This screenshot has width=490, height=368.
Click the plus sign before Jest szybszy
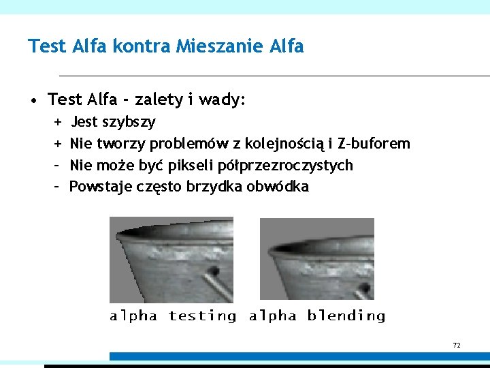point(56,122)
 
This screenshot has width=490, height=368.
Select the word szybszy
point(129,122)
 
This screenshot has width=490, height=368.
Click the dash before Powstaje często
point(56,186)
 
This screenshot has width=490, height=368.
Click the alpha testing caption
point(173,316)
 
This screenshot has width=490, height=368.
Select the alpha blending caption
point(317,316)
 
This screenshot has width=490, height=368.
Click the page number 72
point(457,346)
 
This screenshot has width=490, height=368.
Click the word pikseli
point(194,165)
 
